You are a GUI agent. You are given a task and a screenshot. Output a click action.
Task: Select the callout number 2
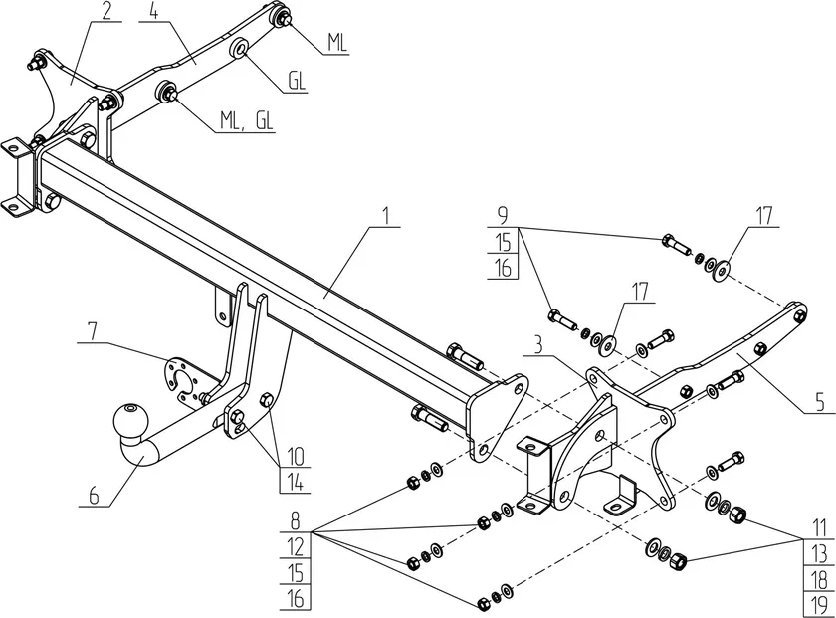(x=105, y=12)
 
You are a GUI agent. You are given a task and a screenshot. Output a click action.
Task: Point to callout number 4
(x=153, y=12)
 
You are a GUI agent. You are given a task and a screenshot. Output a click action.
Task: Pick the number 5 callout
(x=819, y=403)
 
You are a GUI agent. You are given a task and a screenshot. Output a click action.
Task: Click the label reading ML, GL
(x=248, y=122)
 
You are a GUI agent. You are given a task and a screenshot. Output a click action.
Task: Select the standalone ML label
(x=336, y=43)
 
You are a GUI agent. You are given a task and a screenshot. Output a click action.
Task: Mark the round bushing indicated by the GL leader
(x=240, y=50)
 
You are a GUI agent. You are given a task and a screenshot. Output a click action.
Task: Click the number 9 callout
(x=503, y=215)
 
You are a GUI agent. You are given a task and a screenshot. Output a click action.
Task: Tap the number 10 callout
(x=295, y=458)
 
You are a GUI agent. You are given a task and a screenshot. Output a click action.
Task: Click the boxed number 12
(x=294, y=546)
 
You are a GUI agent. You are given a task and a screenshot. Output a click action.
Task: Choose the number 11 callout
(x=818, y=526)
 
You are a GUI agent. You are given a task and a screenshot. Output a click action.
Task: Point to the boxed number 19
(x=818, y=603)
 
